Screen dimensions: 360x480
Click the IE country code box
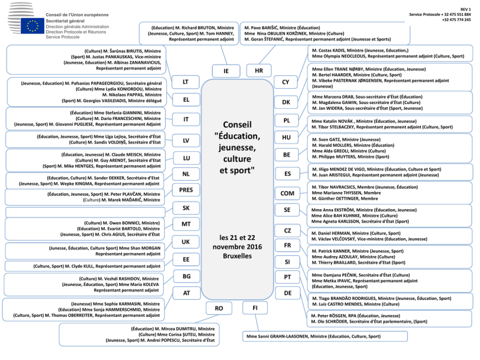pyautogui.click(x=226, y=71)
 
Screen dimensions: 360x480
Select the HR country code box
pyautogui.click(x=259, y=71)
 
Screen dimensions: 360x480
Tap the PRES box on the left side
pyautogui.click(x=186, y=190)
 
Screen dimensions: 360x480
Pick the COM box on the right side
pyautogui.click(x=287, y=194)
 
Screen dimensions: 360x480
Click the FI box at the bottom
pyautogui.click(x=255, y=308)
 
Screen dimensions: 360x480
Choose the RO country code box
pyautogui.click(x=219, y=308)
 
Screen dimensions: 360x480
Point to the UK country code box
pyautogui.click(x=186, y=241)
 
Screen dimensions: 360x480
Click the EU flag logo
pyautogui.click(x=32, y=26)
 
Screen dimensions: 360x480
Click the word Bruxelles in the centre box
pyautogui.click(x=237, y=255)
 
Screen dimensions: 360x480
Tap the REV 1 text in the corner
pyautogui.click(x=465, y=9)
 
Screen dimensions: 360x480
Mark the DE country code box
pyautogui.click(x=287, y=293)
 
